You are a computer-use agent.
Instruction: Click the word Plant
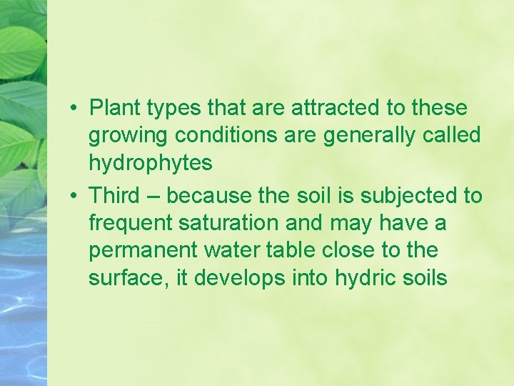pyautogui.click(x=115, y=109)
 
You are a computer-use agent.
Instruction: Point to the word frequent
pyautogui.click(x=130, y=223)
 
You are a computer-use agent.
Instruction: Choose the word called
pyautogui.click(x=453, y=136)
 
